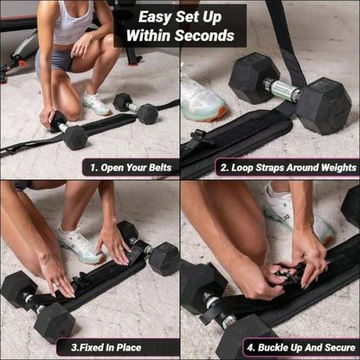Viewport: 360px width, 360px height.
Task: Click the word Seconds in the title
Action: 207,35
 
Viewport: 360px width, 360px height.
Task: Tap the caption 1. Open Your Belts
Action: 131,166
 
